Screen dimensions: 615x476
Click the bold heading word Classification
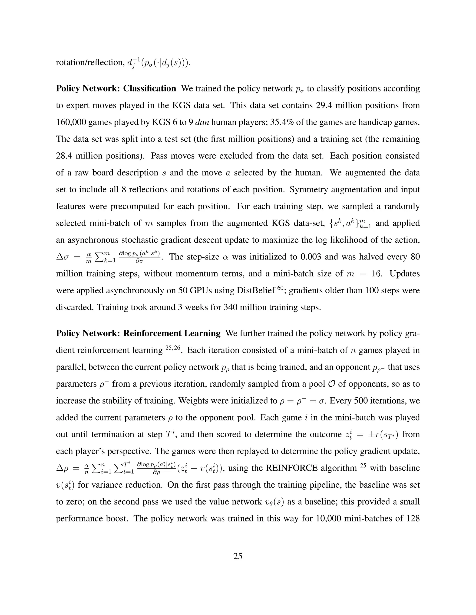click(x=149, y=88)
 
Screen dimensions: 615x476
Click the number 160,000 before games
click(x=71, y=122)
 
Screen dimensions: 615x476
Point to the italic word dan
click(x=202, y=122)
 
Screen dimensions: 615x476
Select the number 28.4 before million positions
click(x=65, y=156)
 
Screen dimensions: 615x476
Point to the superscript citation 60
click(x=280, y=288)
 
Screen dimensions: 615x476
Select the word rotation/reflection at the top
click(x=90, y=62)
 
